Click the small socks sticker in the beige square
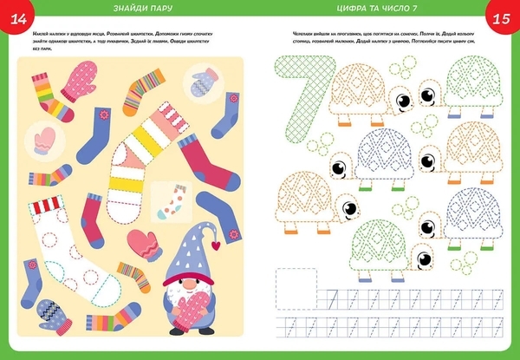pyautogui.click(x=169, y=200)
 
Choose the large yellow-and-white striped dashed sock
pyautogui.click(x=140, y=152)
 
